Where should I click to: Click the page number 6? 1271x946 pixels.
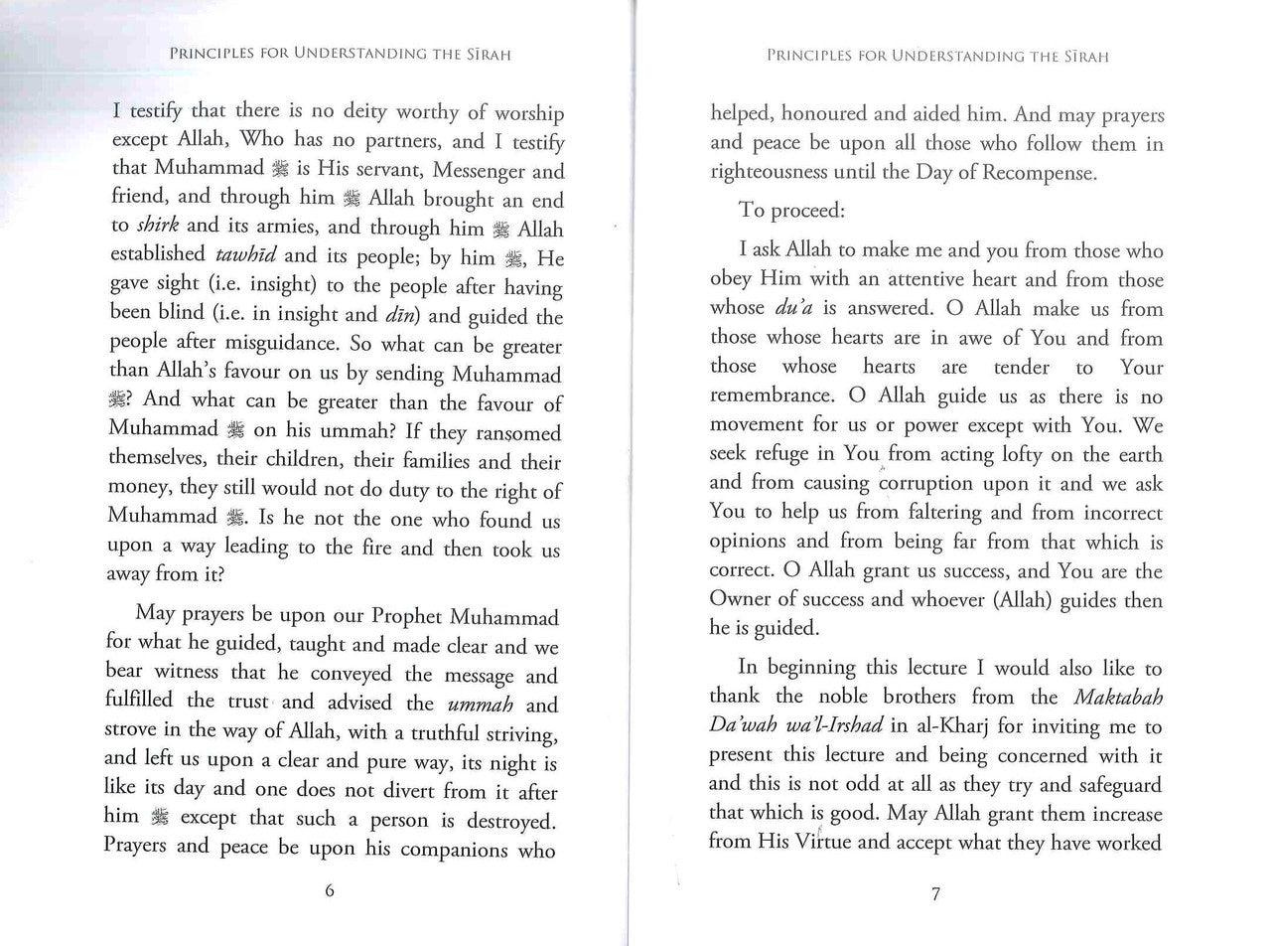[x=330, y=890]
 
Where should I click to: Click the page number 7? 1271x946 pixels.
[x=935, y=894]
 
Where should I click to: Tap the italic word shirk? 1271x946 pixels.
[x=151, y=226]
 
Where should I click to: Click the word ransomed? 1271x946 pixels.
[x=520, y=433]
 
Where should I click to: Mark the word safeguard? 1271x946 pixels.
[x=1115, y=785]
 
